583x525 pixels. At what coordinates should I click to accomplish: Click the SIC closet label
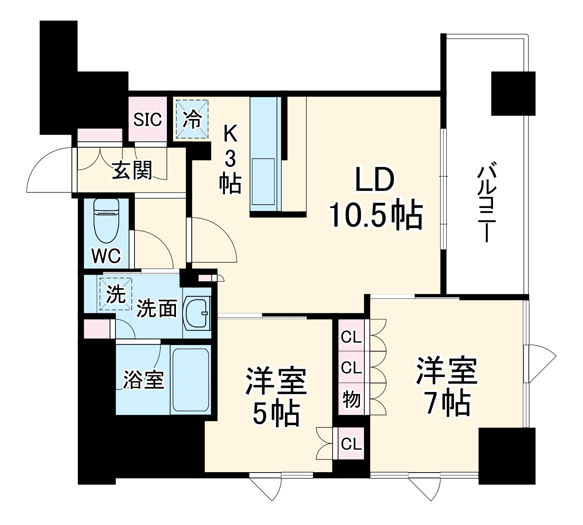pos(147,119)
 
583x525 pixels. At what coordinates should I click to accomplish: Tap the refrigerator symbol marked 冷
pos(192,119)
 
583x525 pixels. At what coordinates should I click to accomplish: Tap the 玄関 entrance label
pos(132,170)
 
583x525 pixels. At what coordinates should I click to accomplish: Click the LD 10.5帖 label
pos(375,198)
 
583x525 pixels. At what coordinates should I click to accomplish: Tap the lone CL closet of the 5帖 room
pos(351,444)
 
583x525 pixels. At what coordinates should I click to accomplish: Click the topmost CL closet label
pos(351,338)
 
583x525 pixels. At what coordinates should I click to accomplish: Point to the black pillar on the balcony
pos(513,93)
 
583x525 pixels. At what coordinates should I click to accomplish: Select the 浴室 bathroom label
pos(144,380)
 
